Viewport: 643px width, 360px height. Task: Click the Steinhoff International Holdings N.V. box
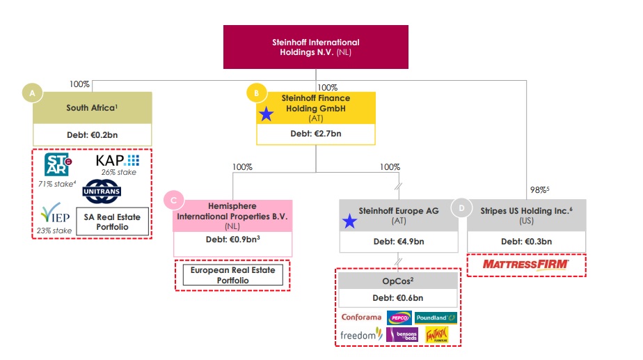coord(315,47)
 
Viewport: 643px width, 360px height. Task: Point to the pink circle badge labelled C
coord(174,201)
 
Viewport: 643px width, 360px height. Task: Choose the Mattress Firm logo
coord(526,265)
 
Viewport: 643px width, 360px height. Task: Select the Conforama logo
coord(361,318)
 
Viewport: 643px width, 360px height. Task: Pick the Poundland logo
coord(436,318)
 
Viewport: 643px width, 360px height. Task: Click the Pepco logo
coord(399,318)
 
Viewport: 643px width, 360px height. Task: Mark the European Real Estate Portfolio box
coord(233,275)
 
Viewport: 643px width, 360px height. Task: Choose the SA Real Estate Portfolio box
coord(112,222)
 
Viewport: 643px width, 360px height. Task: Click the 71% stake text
coord(56,185)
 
